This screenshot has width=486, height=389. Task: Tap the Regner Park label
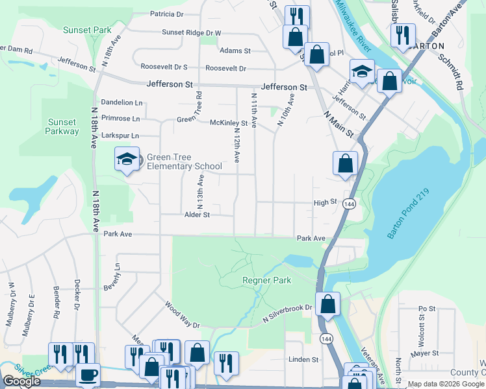(x=266, y=280)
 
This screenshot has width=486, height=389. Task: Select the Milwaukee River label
(x=355, y=27)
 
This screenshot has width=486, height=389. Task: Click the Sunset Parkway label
(x=62, y=126)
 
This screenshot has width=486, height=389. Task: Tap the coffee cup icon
(x=88, y=375)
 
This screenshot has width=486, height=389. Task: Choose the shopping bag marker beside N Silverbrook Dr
(x=329, y=303)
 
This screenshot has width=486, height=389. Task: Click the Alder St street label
(x=198, y=215)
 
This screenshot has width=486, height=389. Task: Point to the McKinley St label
(x=229, y=123)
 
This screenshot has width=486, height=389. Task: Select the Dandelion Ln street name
(x=122, y=102)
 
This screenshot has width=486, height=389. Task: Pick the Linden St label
(x=304, y=359)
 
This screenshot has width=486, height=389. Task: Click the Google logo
(x=21, y=381)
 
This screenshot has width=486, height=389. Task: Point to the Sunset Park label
(x=87, y=30)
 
